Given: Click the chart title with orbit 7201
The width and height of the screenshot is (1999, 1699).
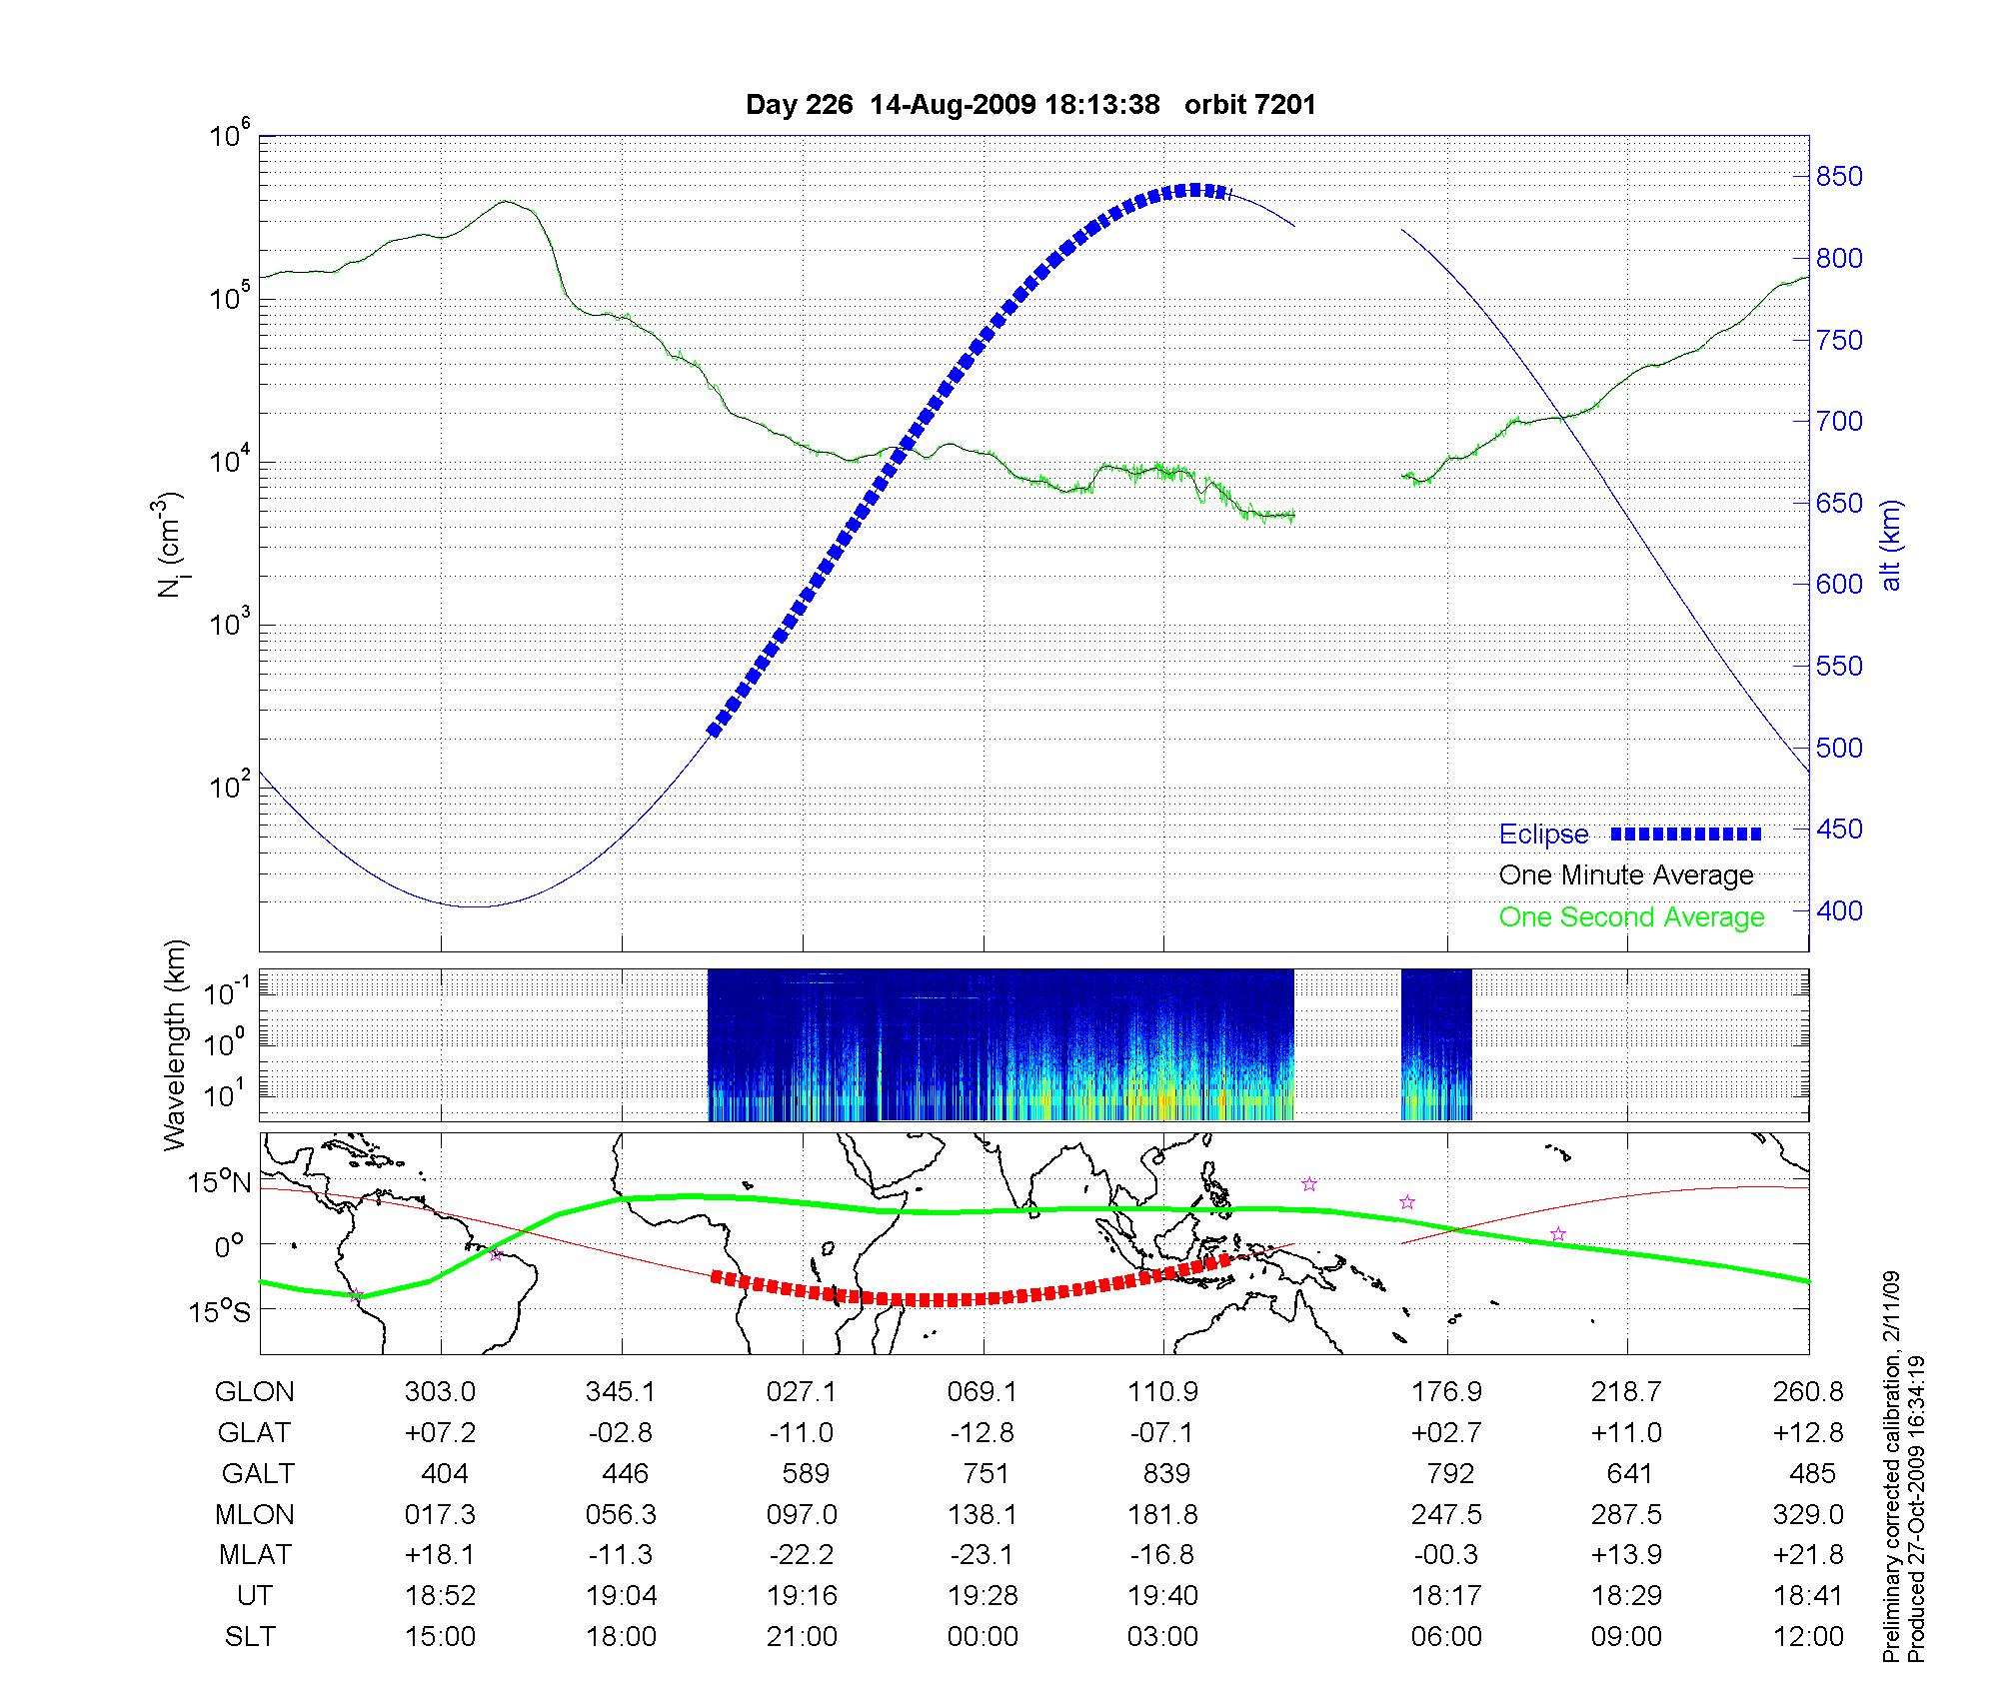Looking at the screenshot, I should click(x=1030, y=105).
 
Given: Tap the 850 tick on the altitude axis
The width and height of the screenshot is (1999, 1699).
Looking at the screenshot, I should click(x=1839, y=177).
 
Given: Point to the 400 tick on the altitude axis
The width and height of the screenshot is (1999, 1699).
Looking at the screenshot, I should click(x=1839, y=911).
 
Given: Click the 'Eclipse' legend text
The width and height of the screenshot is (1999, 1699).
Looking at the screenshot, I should click(x=1543, y=835).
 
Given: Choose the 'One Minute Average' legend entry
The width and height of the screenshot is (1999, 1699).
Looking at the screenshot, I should click(x=1626, y=875).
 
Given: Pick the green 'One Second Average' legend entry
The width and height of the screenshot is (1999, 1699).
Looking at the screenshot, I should click(x=1631, y=917).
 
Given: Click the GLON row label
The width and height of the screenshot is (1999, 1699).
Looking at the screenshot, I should click(x=255, y=1392).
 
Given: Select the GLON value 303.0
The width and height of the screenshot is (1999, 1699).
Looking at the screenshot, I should click(x=441, y=1392).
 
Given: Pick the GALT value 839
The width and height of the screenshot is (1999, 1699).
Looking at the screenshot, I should click(x=1165, y=1474).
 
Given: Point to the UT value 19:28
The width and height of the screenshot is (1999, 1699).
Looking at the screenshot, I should click(x=984, y=1596).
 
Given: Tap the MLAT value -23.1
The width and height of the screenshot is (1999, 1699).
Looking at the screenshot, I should click(x=984, y=1555).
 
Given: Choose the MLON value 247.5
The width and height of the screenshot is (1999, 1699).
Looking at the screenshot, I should click(x=1446, y=1515).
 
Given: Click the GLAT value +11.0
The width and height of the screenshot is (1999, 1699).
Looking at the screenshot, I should click(x=1627, y=1433).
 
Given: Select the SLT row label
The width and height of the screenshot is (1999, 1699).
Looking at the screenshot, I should click(x=250, y=1637).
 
